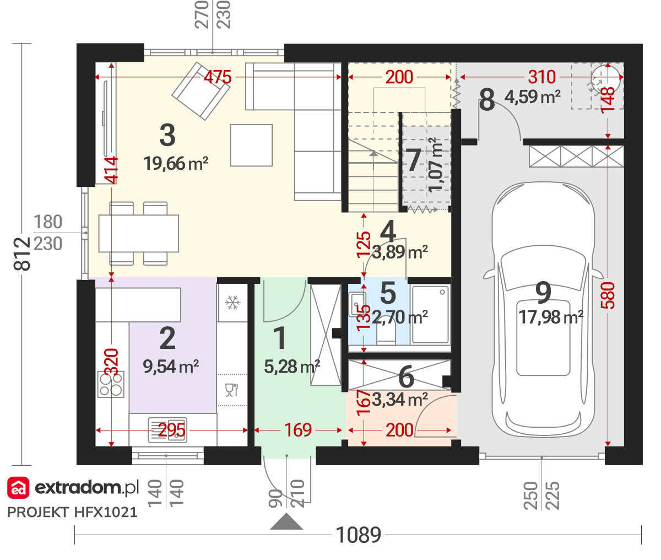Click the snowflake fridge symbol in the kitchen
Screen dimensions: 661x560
click(232, 303)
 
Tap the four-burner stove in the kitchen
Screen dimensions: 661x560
click(111, 384)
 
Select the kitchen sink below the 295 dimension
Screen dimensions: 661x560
click(167, 430)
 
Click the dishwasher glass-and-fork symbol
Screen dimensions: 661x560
click(232, 390)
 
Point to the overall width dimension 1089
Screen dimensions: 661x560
click(359, 535)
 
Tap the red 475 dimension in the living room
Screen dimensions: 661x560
click(218, 77)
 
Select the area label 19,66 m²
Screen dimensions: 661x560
click(176, 164)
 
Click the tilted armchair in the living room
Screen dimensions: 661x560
click(201, 91)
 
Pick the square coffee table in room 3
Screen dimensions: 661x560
click(251, 146)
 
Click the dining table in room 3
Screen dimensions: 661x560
click(138, 234)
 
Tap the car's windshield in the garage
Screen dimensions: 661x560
click(543, 267)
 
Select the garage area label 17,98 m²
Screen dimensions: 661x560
click(551, 317)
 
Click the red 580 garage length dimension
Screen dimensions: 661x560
click(608, 295)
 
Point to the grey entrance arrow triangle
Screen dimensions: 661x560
click(286, 522)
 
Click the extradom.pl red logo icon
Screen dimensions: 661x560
click(18, 488)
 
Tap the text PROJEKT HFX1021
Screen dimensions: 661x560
click(72, 512)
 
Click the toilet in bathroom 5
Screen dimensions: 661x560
click(386, 335)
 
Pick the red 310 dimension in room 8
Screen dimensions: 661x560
click(542, 77)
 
